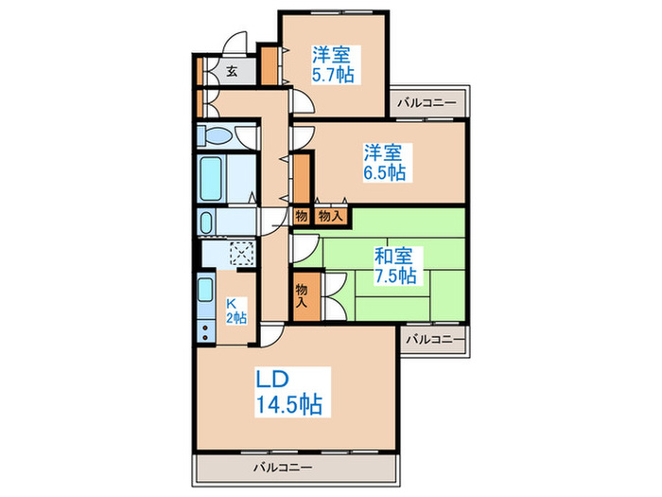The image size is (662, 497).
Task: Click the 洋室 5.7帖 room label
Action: click(x=334, y=64)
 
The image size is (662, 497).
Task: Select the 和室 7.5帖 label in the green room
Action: click(x=394, y=266)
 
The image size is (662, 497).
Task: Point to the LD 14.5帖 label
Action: click(x=289, y=392)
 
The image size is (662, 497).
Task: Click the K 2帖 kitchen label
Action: click(x=235, y=310)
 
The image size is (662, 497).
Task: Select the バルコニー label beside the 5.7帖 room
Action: click(x=427, y=101)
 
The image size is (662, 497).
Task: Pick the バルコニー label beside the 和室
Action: click(x=436, y=338)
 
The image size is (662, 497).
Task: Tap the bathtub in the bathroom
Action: click(x=212, y=177)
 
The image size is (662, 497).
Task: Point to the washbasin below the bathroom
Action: click(x=208, y=223)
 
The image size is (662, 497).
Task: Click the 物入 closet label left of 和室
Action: click(x=303, y=296)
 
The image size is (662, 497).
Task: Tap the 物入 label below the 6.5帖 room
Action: click(x=327, y=217)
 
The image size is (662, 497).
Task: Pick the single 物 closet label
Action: click(x=301, y=217)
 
